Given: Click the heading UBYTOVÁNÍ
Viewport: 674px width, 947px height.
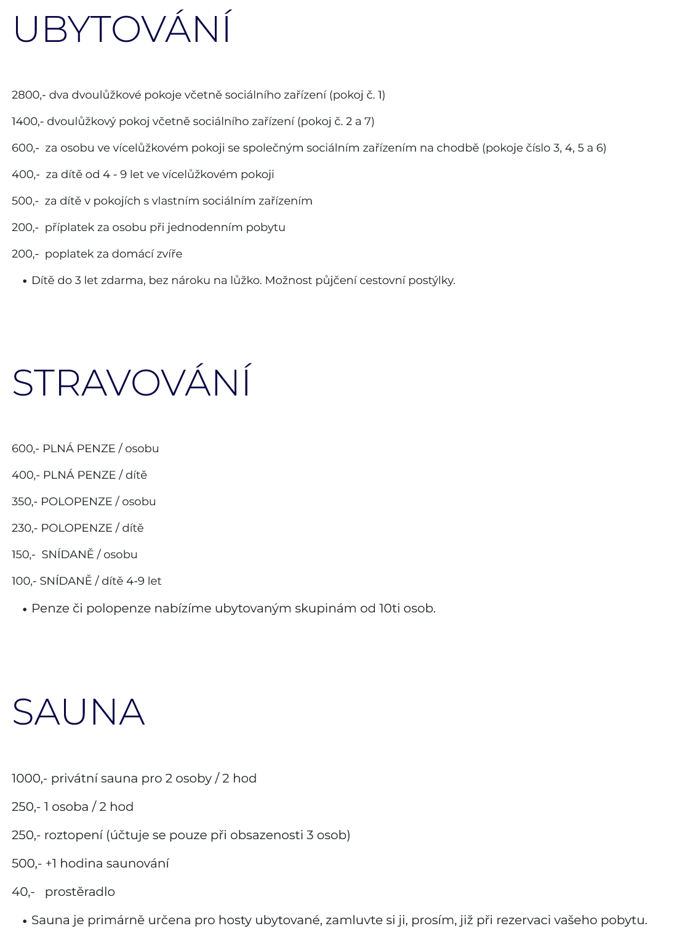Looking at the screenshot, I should pos(122,29).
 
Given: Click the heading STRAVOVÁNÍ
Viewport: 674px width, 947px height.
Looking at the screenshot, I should pos(131,383).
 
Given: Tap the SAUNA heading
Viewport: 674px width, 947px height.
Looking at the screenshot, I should pos(78,712).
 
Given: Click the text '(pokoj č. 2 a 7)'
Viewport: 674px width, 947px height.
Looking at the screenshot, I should pos(335,121).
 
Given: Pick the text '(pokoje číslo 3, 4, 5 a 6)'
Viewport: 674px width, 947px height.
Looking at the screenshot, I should pos(544,148).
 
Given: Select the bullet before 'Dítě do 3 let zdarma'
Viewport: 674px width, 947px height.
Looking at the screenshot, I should pos(25,281).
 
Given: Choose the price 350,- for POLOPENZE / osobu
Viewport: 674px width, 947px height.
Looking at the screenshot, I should pos(24,502).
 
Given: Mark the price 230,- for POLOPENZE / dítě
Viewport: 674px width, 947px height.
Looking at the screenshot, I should pos(24,528).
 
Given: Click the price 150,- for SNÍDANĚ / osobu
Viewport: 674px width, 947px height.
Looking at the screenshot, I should pos(23,555).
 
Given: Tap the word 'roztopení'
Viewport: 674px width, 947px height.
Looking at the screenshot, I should pos(73,835).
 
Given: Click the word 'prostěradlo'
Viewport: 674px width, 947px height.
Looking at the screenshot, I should pos(80,892).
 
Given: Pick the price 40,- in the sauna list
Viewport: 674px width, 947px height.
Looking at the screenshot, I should pos(23,892).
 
